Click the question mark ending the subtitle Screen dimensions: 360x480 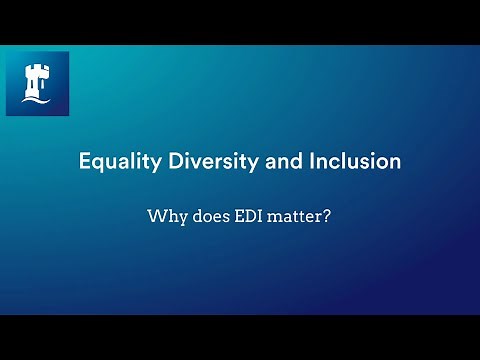pyautogui.click(x=328, y=214)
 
